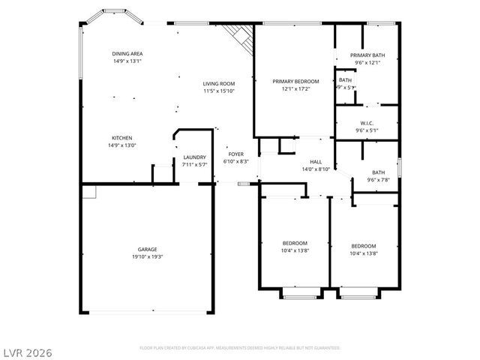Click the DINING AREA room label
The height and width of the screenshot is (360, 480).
click(127, 54)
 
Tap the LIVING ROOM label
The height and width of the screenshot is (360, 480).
click(219, 83)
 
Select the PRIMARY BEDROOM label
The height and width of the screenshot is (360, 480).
click(295, 81)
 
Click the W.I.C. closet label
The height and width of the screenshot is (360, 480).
click(367, 123)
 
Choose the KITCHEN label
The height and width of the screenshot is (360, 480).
click(122, 138)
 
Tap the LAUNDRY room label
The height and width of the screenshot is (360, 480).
click(195, 157)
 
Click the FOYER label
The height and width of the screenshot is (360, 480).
click(236, 154)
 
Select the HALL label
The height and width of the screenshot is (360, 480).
click(316, 162)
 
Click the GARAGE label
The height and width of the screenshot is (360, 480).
click(147, 249)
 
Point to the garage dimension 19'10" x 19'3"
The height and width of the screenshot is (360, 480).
click(147, 256)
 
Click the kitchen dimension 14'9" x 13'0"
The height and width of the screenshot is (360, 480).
click(122, 145)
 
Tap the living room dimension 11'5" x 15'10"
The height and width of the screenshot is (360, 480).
click(219, 91)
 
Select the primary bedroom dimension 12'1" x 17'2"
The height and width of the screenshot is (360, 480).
click(295, 88)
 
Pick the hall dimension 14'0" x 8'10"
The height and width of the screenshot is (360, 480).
click(316, 169)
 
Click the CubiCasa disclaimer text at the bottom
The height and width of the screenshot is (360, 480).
click(240, 348)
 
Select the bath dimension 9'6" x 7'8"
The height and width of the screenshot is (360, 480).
click(378, 180)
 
